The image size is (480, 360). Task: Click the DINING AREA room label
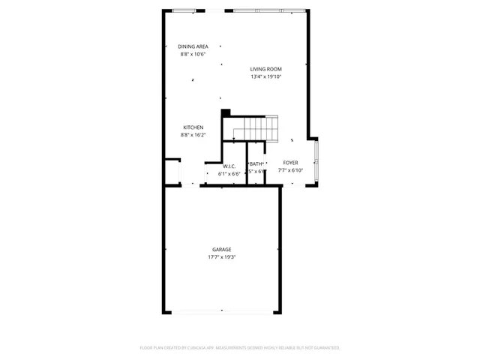tap(193, 46)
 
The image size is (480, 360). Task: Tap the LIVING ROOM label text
tap(265, 69)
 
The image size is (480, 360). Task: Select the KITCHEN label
tap(193, 127)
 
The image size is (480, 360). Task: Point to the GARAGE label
tap(221, 249)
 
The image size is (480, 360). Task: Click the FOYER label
tap(290, 163)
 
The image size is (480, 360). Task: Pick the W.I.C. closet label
tap(229, 166)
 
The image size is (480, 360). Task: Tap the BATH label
tap(256, 164)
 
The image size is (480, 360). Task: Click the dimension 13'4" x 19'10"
tap(265, 76)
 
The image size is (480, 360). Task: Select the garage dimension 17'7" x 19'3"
tap(221, 256)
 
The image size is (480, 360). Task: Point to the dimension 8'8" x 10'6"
tap(193, 54)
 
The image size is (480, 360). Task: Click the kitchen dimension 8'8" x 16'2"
tap(193, 135)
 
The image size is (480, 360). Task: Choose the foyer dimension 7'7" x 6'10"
tap(290, 170)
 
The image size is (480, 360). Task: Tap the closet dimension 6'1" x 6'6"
tap(229, 173)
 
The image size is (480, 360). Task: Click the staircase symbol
tap(255, 128)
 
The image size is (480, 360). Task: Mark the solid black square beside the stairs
tap(225, 114)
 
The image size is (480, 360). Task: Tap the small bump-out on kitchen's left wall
tap(172, 171)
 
